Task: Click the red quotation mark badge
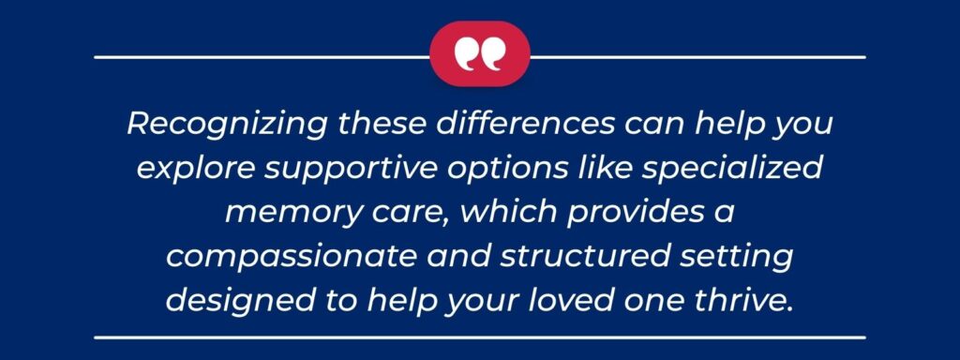click(479, 54)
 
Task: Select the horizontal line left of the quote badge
click(262, 57)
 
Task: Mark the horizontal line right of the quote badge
click(697, 57)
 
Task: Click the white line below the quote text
click(479, 335)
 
